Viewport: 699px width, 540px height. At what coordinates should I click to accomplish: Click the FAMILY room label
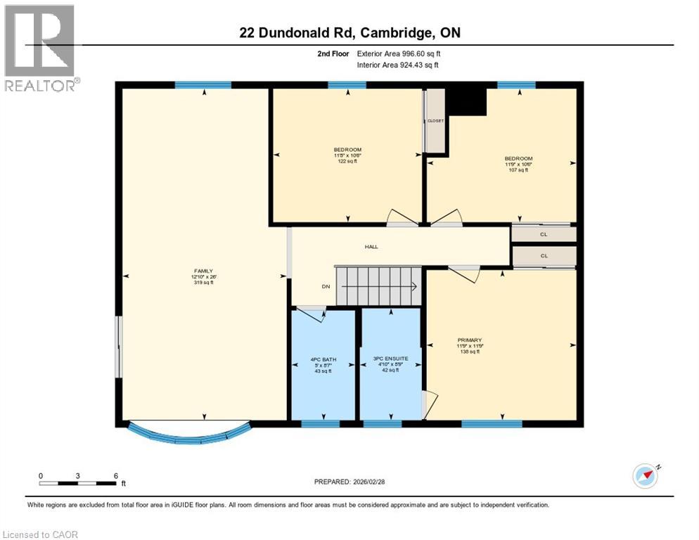pyautogui.click(x=204, y=271)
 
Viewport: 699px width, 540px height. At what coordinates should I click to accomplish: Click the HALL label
pyautogui.click(x=371, y=247)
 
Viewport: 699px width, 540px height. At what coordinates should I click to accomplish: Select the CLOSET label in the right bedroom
pyautogui.click(x=436, y=121)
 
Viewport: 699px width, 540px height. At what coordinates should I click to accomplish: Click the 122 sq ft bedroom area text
pyautogui.click(x=347, y=161)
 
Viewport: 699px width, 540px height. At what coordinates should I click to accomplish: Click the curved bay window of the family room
pyautogui.click(x=188, y=434)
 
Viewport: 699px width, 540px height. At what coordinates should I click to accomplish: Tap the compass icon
pyautogui.click(x=646, y=476)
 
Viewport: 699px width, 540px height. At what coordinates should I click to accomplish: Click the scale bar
pyautogui.click(x=77, y=482)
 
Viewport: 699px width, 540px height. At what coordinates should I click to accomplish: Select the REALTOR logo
pyautogui.click(x=40, y=48)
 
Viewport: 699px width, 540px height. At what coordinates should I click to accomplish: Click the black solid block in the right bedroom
pyautogui.click(x=467, y=101)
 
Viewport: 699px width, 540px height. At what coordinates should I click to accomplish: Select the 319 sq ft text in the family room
pyautogui.click(x=204, y=283)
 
